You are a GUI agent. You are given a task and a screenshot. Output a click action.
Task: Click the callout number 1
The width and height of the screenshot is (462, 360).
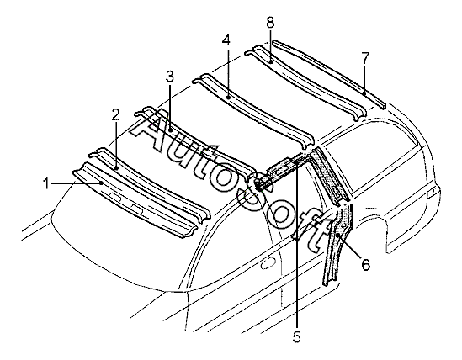(46, 184)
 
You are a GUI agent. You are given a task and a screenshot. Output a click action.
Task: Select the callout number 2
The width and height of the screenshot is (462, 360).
(116, 115)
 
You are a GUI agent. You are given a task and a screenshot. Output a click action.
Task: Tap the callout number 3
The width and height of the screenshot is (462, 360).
(170, 77)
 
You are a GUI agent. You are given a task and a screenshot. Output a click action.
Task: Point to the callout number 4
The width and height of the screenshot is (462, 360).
(226, 40)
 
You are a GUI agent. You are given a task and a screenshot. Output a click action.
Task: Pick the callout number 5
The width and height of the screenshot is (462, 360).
(297, 337)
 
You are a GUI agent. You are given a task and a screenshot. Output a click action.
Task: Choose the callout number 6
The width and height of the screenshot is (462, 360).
(365, 265)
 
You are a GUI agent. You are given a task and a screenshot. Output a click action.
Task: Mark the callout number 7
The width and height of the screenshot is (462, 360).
(364, 58)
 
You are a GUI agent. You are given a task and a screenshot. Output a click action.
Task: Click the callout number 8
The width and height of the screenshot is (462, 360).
(270, 23)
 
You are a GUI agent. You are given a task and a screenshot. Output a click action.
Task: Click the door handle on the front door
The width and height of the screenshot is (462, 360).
(268, 263)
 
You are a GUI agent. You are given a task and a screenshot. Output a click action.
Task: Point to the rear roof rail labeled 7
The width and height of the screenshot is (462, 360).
(329, 74)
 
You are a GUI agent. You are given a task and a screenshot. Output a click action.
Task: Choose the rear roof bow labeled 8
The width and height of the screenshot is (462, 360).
(305, 82)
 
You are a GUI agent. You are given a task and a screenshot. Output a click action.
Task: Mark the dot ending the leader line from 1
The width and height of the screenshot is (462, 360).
(101, 183)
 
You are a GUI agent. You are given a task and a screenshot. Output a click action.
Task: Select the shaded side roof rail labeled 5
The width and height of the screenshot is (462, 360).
(283, 171)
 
